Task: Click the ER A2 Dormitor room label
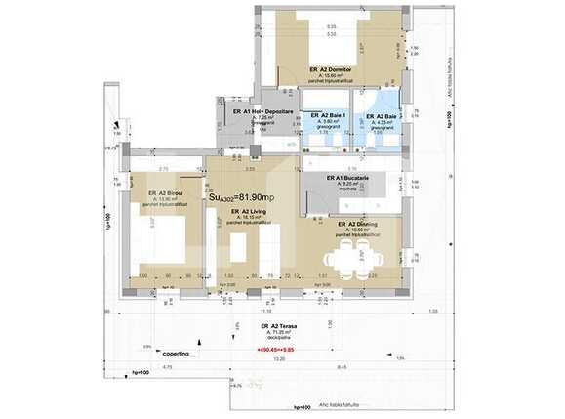click(331, 69)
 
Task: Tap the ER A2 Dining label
click(358, 225)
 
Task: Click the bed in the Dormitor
click(329, 39)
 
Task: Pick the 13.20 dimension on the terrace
click(279, 358)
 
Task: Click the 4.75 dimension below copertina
click(167, 367)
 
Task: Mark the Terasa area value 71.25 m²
click(277, 332)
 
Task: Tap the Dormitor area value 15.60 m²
click(330, 76)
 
